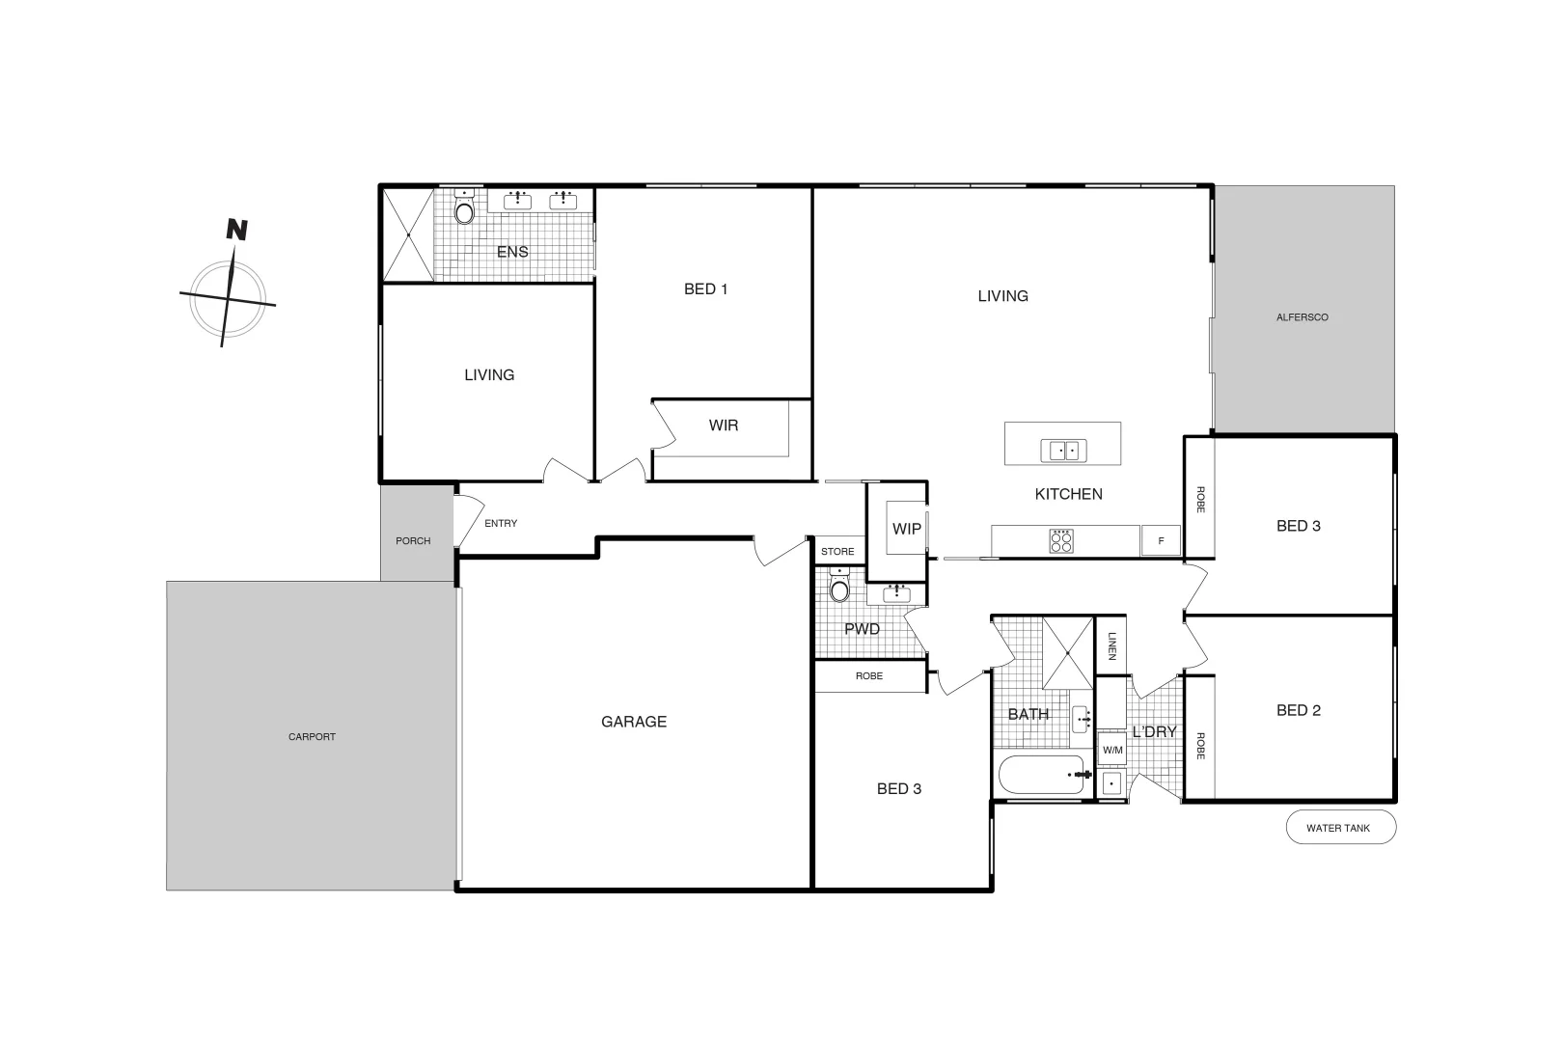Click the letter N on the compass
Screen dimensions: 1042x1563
tap(236, 230)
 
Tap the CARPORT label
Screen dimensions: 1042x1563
tap(312, 737)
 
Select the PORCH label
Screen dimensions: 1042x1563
tap(413, 541)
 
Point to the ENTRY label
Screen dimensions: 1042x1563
tap(501, 524)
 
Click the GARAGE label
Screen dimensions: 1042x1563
tap(634, 722)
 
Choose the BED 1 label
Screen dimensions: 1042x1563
tap(705, 289)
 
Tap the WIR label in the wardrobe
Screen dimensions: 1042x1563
tap(724, 425)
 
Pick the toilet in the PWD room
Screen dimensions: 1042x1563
tap(840, 587)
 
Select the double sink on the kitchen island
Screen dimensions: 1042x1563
tap(1063, 450)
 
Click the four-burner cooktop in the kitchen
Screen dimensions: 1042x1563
tap(1061, 541)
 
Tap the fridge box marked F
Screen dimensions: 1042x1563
tap(1161, 541)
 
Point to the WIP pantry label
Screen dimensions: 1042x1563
tap(907, 529)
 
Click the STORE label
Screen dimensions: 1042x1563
tap(837, 552)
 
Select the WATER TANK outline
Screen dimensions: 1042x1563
tap(1340, 828)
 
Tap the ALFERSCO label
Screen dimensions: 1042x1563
tap(1302, 317)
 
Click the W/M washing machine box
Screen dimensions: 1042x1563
tap(1112, 750)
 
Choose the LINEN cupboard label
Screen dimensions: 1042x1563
tap(1111, 645)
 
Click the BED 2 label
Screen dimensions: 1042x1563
tap(1299, 711)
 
